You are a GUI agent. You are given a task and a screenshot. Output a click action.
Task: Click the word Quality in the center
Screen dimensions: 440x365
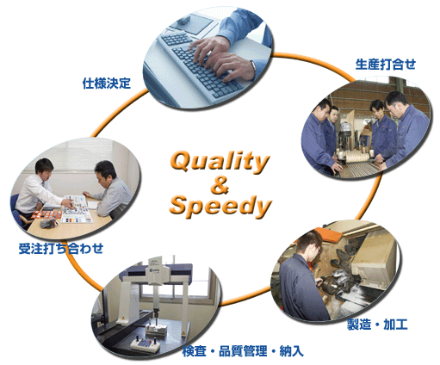(220, 162)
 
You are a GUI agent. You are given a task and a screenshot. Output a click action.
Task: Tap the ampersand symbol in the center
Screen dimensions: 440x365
(220, 185)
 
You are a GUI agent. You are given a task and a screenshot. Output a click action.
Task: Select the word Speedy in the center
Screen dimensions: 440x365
(220, 206)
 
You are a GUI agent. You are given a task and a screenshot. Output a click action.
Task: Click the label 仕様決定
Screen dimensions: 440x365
(107, 84)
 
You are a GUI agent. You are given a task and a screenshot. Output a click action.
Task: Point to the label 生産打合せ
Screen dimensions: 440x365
(386, 64)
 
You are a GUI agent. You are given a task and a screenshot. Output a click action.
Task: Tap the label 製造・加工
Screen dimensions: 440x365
(377, 325)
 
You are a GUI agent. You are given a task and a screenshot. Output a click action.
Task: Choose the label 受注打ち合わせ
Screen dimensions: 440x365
(61, 249)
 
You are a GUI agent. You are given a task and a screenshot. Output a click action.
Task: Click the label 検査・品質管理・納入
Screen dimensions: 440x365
(243, 351)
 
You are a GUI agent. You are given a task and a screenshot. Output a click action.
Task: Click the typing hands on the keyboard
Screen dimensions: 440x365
(223, 59)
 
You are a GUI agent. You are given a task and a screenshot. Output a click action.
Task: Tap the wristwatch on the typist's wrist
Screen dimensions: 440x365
(253, 66)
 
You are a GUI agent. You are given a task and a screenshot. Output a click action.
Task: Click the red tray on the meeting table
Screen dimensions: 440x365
(46, 214)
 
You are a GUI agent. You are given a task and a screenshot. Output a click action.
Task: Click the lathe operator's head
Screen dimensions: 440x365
(309, 244)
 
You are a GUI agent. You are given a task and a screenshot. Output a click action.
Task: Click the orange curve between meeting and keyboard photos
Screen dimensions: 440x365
(119, 112)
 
